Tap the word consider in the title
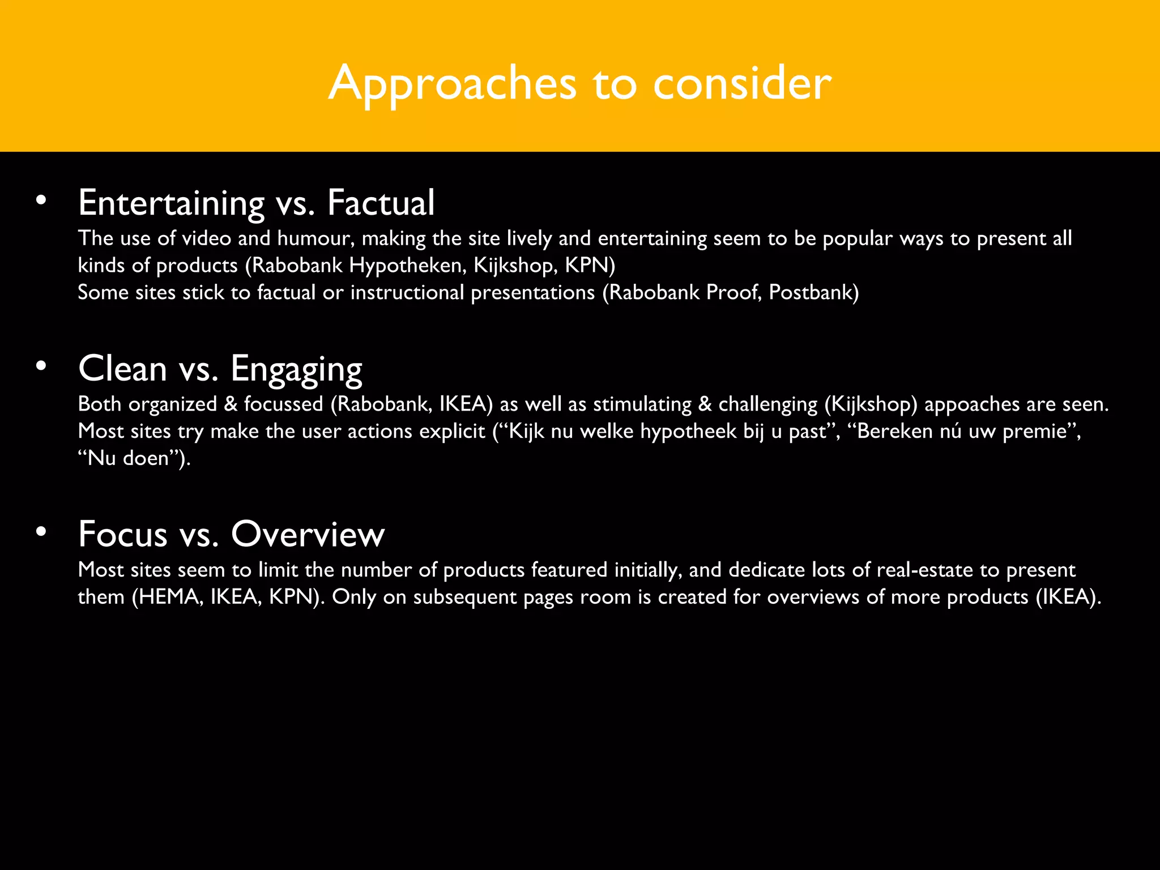click(x=742, y=84)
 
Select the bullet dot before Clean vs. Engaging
click(x=40, y=366)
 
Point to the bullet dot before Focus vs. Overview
click(x=40, y=531)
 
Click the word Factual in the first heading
click(x=381, y=203)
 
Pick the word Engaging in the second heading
click(x=296, y=369)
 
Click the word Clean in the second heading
click(x=122, y=369)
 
